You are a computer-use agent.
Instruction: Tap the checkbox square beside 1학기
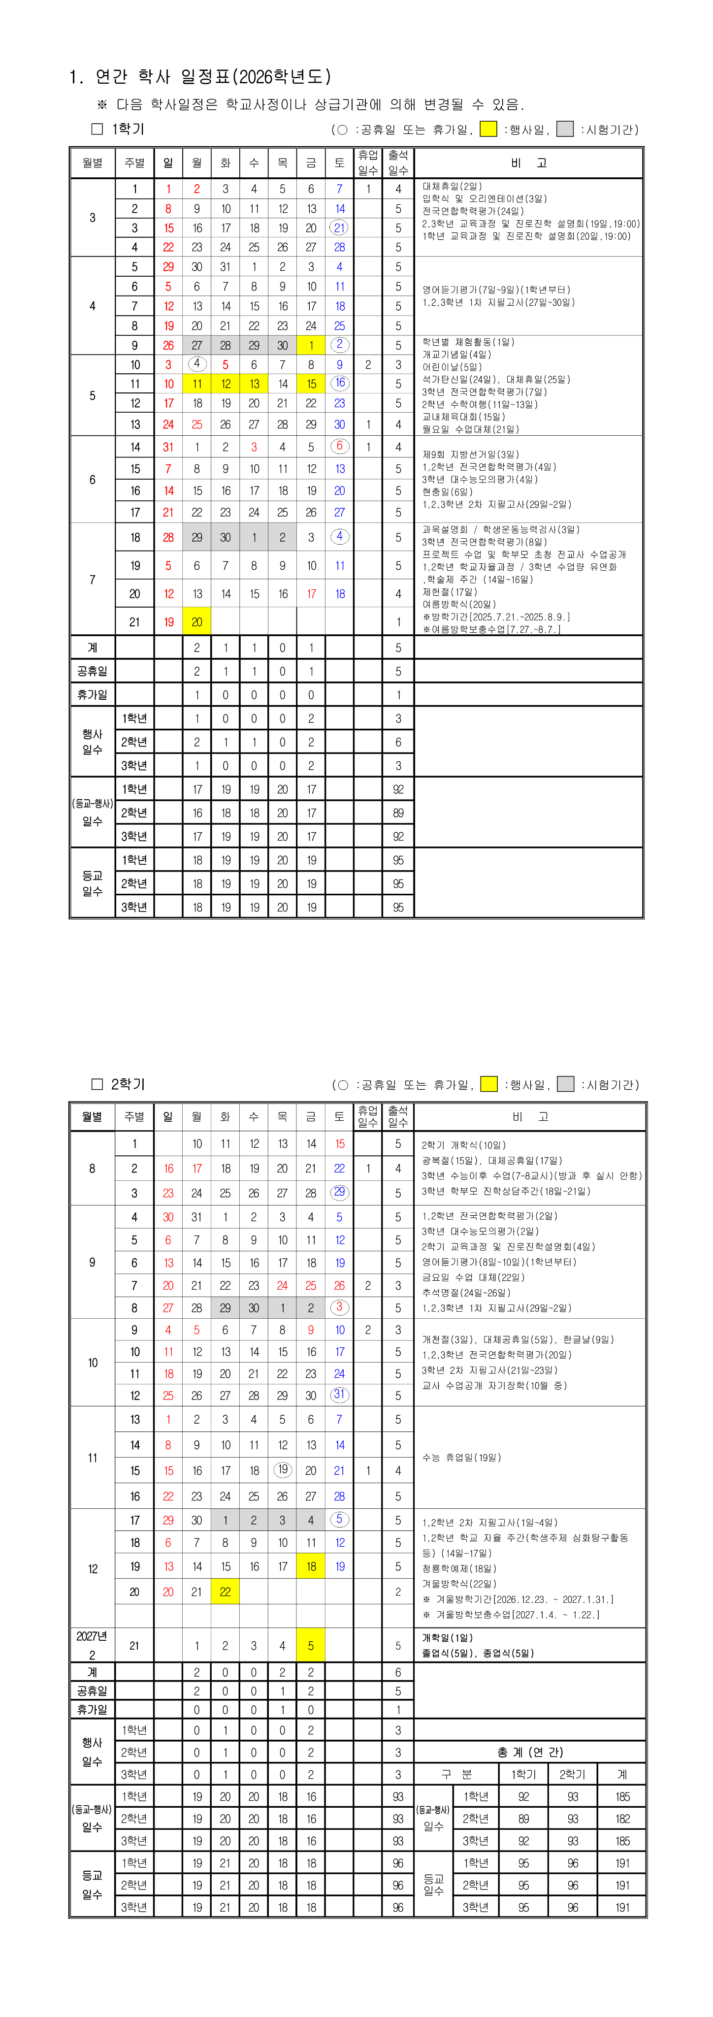[98, 129]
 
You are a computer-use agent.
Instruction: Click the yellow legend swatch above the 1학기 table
[488, 129]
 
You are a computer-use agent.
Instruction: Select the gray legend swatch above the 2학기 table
[566, 1084]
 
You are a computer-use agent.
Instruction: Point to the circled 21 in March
[339, 228]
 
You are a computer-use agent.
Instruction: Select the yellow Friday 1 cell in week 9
[311, 345]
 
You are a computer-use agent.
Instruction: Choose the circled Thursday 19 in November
[283, 1470]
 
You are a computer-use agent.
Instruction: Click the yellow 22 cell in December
[226, 1592]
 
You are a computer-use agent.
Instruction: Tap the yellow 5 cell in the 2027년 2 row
[311, 1646]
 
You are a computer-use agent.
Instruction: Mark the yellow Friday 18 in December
[311, 1567]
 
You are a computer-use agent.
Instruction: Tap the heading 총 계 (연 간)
[530, 1753]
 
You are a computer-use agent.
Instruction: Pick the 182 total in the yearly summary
[622, 1819]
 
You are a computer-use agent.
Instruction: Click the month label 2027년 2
[93, 1645]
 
